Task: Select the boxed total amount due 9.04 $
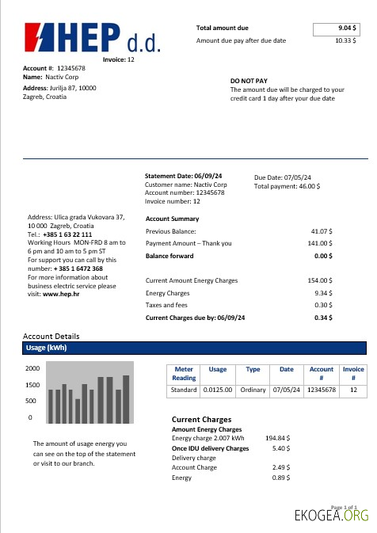coord(341,29)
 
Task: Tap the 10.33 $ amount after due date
coord(344,40)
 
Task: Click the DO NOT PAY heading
coord(249,81)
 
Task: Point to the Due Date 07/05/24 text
coord(283,177)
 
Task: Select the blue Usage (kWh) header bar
coord(195,348)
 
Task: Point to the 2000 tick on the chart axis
coord(32,369)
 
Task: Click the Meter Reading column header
coord(184,373)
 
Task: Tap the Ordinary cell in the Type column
coord(253,390)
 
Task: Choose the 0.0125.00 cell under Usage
coord(217,390)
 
